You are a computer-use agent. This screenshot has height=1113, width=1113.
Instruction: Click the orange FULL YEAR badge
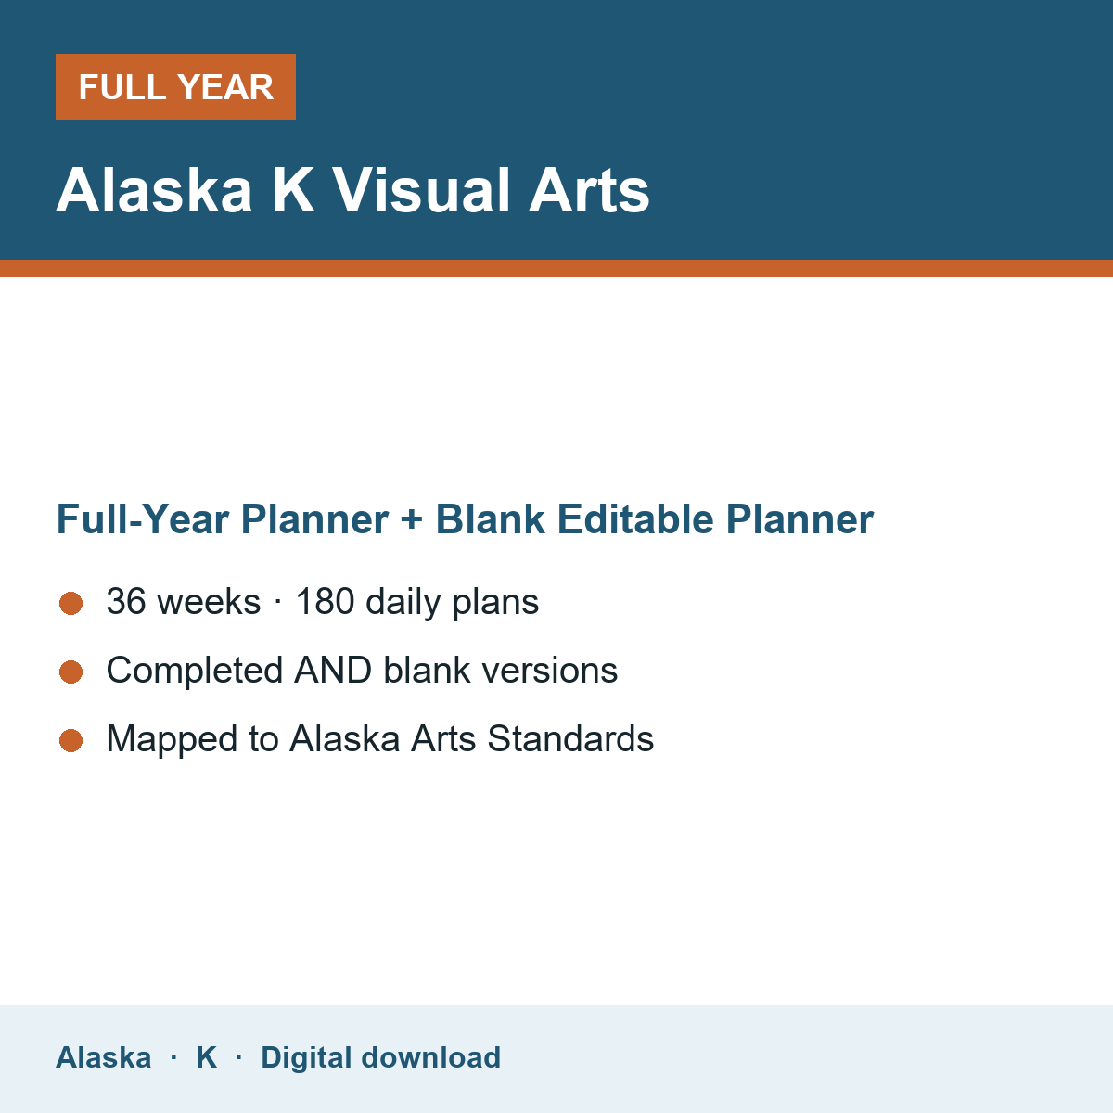(175, 86)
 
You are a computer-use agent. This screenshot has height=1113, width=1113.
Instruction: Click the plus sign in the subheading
(412, 518)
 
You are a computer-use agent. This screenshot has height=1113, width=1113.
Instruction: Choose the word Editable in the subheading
(635, 518)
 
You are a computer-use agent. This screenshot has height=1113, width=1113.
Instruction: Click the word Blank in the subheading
(490, 518)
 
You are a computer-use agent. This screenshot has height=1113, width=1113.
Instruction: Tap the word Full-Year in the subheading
(142, 518)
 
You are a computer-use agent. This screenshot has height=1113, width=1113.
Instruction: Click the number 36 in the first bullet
(126, 601)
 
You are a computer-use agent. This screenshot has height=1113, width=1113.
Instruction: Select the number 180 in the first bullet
(325, 601)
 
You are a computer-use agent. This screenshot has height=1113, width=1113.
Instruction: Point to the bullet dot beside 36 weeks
(71, 604)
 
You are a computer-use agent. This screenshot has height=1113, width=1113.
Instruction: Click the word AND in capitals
(333, 670)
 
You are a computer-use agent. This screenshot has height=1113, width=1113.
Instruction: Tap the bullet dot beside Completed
(71, 672)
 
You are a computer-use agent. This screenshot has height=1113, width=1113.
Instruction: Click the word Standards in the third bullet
(570, 738)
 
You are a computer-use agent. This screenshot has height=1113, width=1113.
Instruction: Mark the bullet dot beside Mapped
(71, 741)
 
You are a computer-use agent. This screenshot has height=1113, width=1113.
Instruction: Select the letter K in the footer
(207, 1057)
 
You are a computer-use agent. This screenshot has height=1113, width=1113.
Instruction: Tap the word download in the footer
(431, 1057)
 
